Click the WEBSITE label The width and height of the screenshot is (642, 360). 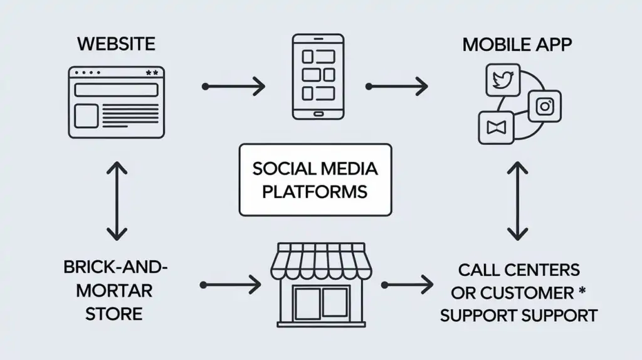116,45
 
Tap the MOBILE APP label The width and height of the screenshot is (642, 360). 517,45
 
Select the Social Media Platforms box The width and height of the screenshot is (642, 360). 315,179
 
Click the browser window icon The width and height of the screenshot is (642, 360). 115,102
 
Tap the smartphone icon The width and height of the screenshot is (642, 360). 318,77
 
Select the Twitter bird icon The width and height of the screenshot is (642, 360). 503,81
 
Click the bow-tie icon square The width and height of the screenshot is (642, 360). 496,128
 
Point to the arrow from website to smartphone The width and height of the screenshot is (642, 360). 234,86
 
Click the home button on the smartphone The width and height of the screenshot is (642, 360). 318,114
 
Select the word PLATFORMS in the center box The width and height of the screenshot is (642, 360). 315,191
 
